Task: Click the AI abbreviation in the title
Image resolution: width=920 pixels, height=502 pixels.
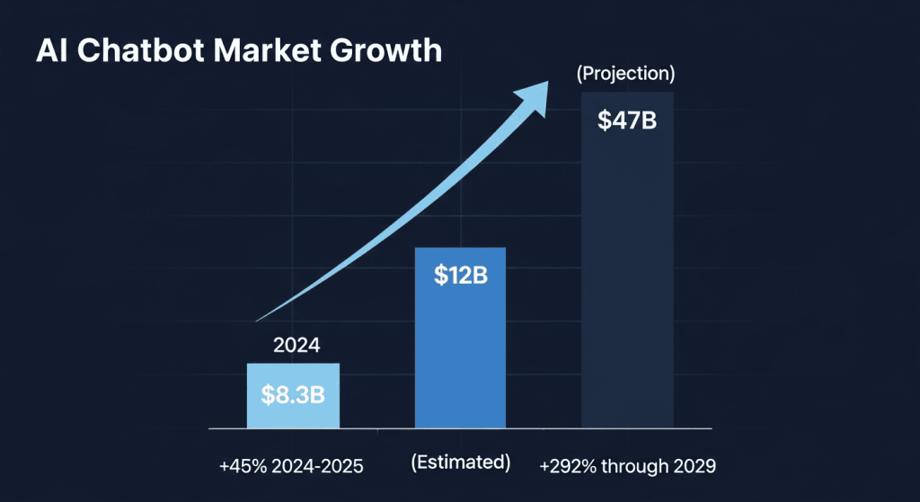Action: [x=49, y=50]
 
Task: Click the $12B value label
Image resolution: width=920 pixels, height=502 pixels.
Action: [x=460, y=276]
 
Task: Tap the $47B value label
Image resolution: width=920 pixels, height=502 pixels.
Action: [x=627, y=119]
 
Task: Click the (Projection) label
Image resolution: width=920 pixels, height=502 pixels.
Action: [x=625, y=73]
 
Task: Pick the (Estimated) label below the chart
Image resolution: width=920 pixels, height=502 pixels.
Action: [x=460, y=462]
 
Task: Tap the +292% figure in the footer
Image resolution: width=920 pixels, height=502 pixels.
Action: [x=563, y=467]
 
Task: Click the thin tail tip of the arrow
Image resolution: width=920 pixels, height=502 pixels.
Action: [x=260, y=319]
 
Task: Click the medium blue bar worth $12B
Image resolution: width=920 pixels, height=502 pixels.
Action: [x=460, y=359]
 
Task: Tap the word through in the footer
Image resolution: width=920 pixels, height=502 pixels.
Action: [x=636, y=467]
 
